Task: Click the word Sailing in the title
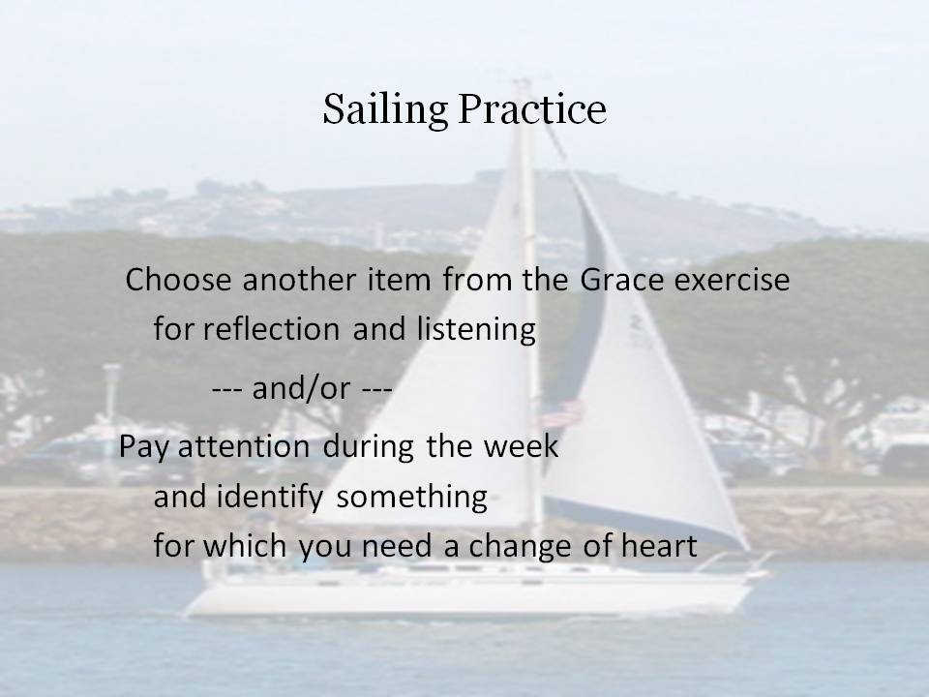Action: (x=385, y=110)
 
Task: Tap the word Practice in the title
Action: (x=532, y=108)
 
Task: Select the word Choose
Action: (x=178, y=279)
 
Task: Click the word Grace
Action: (x=621, y=279)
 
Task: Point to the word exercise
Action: (x=732, y=279)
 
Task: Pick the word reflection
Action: (x=271, y=328)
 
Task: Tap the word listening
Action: (x=476, y=329)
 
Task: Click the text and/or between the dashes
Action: (x=302, y=388)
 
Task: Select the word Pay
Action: (x=144, y=447)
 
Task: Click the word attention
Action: (x=244, y=446)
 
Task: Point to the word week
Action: (x=521, y=445)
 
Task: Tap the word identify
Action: (x=270, y=498)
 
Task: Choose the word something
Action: (x=412, y=498)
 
